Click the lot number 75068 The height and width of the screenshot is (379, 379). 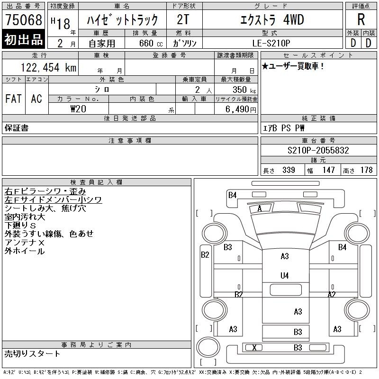[x=24, y=20]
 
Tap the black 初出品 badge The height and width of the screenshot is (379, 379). [x=23, y=39]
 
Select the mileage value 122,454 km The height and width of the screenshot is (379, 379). [x=49, y=67]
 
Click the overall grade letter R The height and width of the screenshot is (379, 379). [x=361, y=19]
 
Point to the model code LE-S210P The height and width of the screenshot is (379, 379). [x=271, y=43]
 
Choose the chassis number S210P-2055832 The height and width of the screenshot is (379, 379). [x=318, y=150]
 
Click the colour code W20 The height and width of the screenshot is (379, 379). [x=78, y=109]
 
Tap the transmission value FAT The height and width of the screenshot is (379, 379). [x=13, y=99]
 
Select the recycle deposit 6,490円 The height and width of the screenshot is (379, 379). [x=241, y=109]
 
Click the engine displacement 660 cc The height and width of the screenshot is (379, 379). [x=151, y=43]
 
